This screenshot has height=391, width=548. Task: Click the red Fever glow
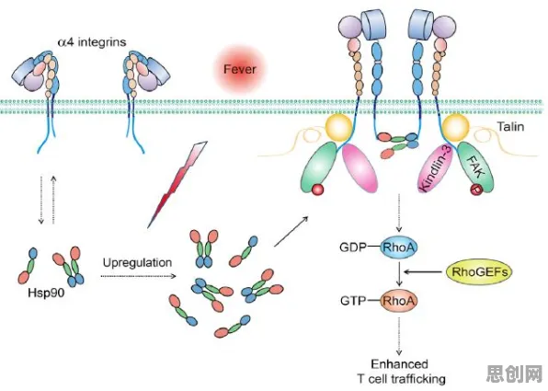[240, 69]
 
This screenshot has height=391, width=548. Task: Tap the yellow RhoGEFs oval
[479, 271]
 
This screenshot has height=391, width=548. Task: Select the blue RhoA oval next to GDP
[399, 247]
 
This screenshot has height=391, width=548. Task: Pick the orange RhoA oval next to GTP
[399, 301]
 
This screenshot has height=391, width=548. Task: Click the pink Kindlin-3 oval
[436, 168]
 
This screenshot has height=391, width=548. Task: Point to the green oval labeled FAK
[475, 167]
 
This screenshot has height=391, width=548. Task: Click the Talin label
[510, 126]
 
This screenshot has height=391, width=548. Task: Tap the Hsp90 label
[47, 293]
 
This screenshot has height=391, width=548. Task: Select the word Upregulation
[137, 262]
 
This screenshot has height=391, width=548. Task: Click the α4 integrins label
[92, 42]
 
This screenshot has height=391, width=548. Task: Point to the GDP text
[353, 247]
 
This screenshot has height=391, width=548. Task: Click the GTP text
[353, 301]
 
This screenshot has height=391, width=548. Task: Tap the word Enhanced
[399, 364]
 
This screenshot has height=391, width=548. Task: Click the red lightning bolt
[177, 184]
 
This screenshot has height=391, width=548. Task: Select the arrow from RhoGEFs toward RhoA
[424, 271]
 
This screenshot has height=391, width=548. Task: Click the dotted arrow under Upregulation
[138, 276]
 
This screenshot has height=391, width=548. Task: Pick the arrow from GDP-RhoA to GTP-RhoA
[399, 274]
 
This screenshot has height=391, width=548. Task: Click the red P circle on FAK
[475, 190]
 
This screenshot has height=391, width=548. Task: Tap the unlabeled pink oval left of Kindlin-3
[360, 168]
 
